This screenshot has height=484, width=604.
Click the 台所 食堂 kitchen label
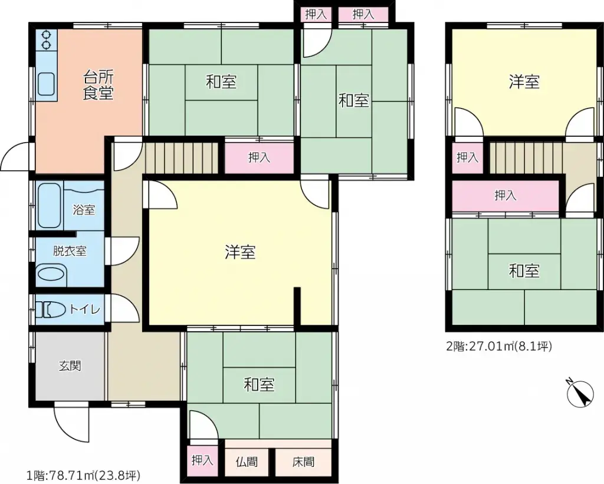point(98,85)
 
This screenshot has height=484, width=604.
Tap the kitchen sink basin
point(47,84)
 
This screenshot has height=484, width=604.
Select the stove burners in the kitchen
point(46,39)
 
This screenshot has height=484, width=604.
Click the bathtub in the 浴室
point(50,206)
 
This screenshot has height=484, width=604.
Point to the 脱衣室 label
point(70,251)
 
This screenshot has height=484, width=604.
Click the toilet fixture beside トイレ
point(51,310)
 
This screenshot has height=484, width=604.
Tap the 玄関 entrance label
point(70,366)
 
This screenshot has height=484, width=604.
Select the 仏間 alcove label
point(247,462)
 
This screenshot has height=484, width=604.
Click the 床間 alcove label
point(303,462)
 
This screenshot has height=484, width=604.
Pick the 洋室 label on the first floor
point(240,252)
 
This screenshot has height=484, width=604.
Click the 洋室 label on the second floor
point(524,82)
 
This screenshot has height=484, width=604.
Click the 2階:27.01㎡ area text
point(499,347)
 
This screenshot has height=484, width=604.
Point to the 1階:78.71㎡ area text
point(83,475)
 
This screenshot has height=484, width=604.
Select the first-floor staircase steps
point(183,157)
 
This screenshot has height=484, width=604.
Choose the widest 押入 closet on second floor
point(505,195)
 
